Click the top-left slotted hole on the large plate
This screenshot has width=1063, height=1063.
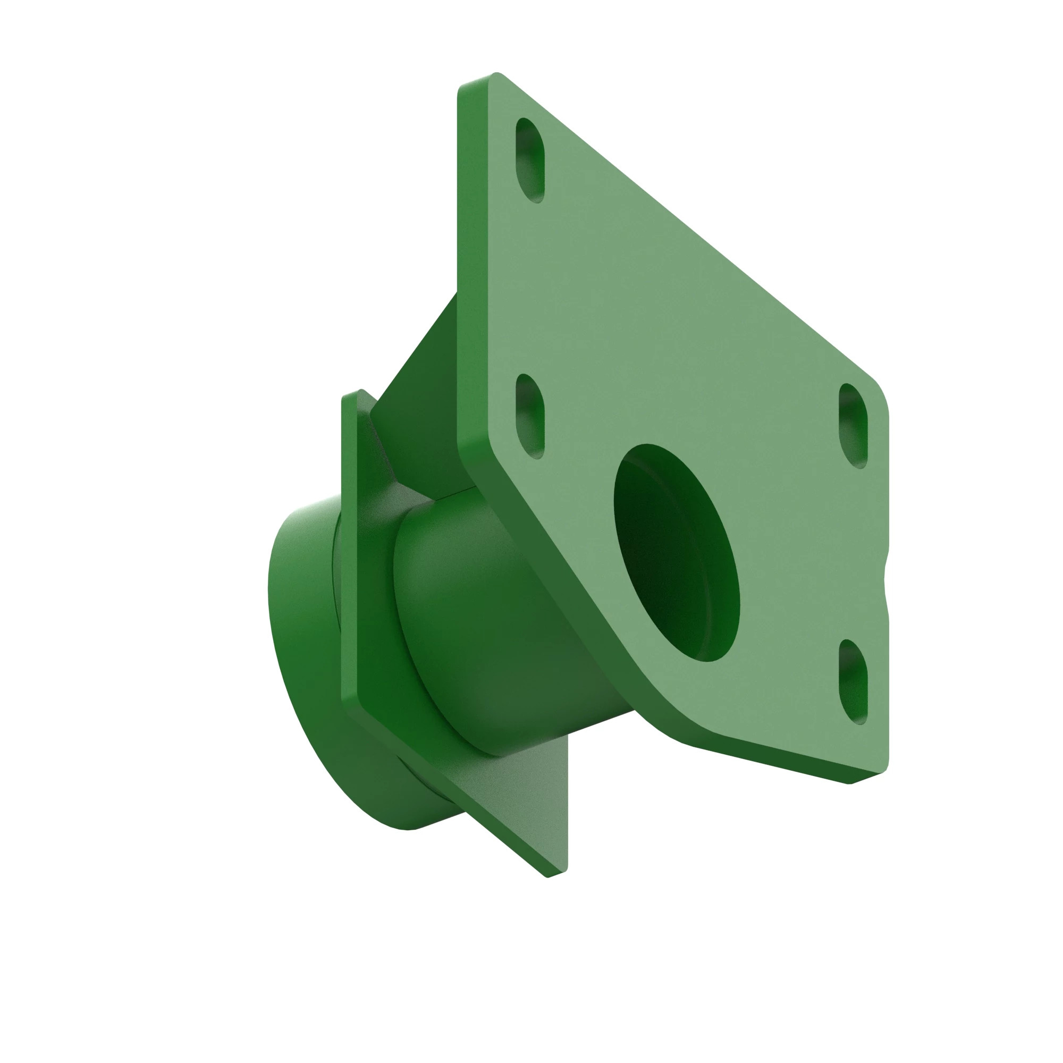(529, 160)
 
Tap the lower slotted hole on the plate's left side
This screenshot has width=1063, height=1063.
(529, 416)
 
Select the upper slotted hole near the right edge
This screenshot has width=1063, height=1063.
(853, 425)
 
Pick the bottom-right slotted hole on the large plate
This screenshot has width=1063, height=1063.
(853, 682)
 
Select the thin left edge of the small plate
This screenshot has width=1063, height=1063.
(349, 550)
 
